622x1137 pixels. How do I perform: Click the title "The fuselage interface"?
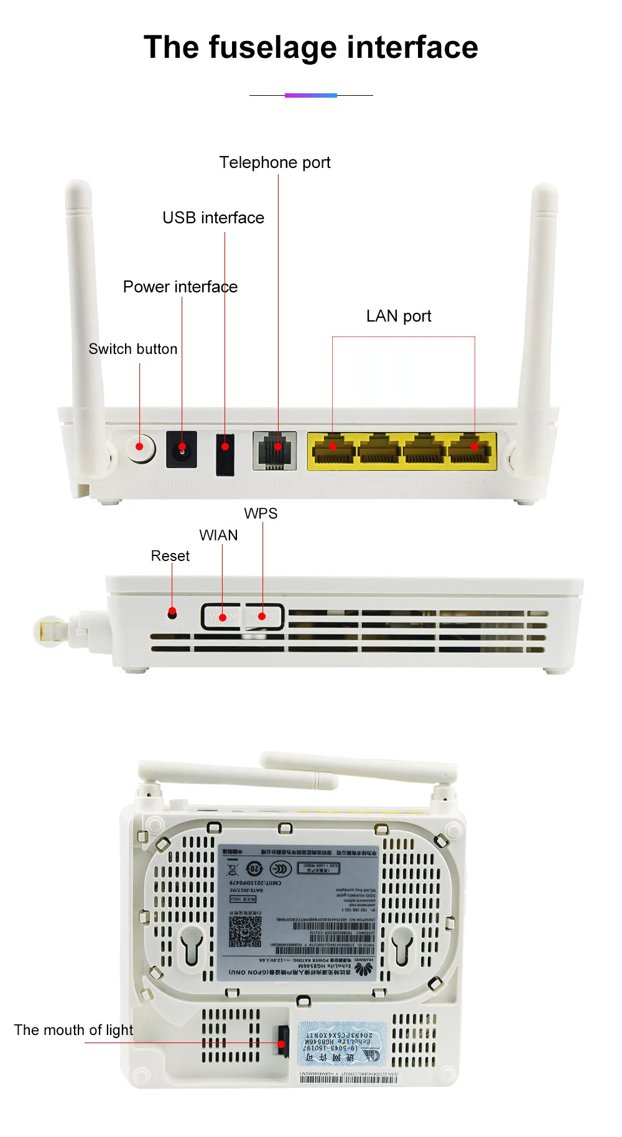[x=311, y=48]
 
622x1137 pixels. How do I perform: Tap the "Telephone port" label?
[x=275, y=162]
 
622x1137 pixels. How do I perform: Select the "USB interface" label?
[x=213, y=218]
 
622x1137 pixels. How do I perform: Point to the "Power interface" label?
[x=180, y=287]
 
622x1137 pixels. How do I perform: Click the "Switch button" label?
[x=133, y=349]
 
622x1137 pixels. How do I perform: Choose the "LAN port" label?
[x=399, y=316]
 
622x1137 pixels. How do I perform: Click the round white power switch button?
[x=141, y=447]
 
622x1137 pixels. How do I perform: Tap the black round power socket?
[x=182, y=449]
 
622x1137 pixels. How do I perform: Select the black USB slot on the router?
[x=225, y=453]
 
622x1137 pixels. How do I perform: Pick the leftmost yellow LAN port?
[x=333, y=449]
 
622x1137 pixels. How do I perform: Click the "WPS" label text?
[x=261, y=514]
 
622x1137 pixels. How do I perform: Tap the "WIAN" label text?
[x=218, y=536]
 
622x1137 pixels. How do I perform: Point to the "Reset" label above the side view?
[x=170, y=556]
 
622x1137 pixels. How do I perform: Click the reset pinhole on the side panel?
[x=172, y=613]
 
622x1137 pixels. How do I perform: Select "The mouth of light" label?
[x=73, y=1030]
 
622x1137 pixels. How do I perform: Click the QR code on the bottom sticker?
[x=245, y=930]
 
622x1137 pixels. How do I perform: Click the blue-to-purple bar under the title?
[x=311, y=95]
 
